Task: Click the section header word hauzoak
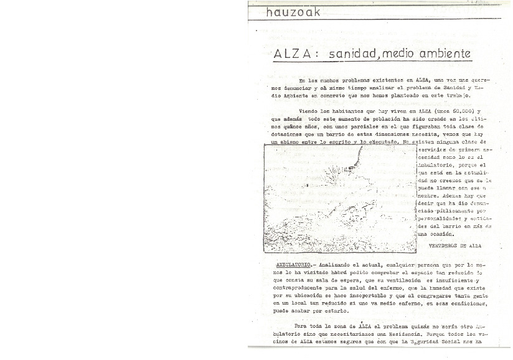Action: (292, 11)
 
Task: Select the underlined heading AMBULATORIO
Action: (296, 264)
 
